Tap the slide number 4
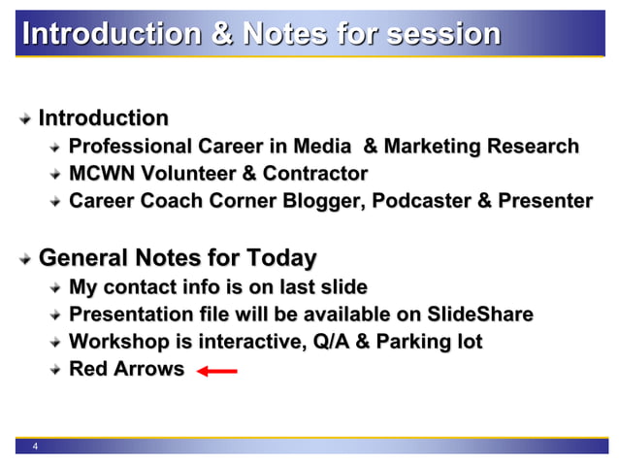[36, 447]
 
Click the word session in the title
[443, 34]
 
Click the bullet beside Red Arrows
[57, 370]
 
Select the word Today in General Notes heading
[280, 258]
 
